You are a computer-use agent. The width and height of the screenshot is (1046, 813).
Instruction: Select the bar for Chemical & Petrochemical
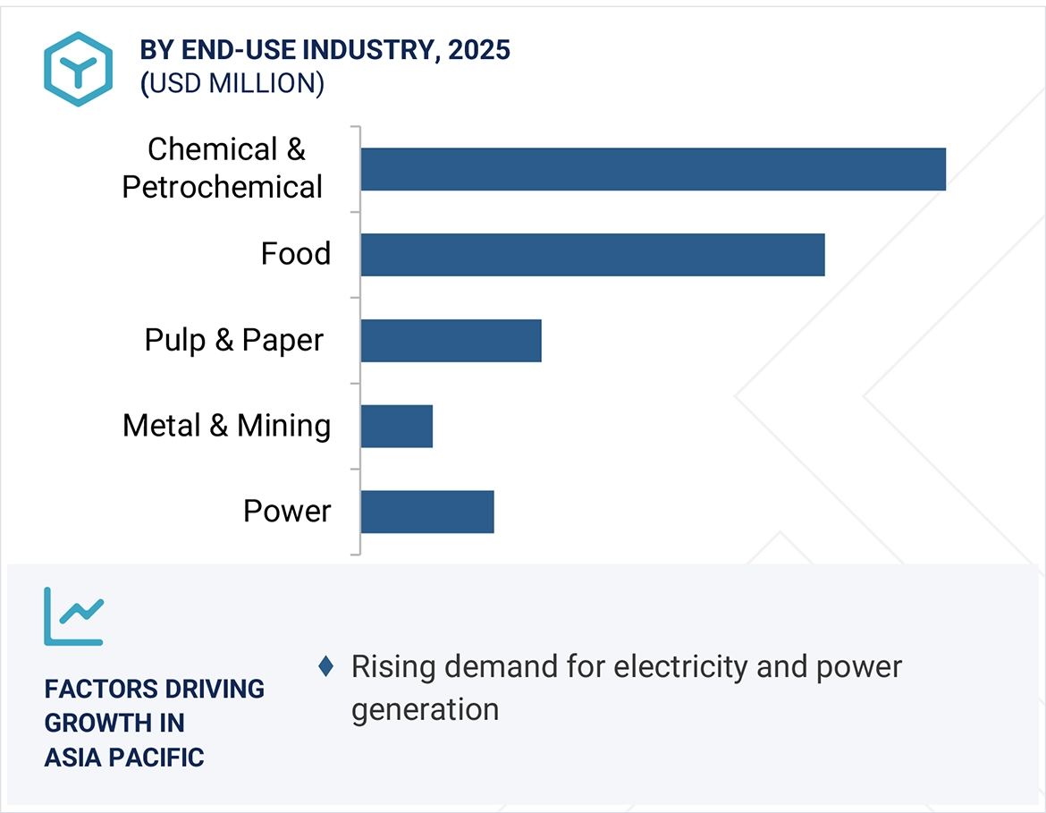tap(653, 169)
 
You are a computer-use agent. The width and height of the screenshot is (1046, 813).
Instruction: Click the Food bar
tap(592, 255)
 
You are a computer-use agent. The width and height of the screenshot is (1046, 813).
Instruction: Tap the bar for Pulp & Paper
tap(451, 341)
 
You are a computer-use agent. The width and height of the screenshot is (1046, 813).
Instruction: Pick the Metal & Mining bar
tap(396, 427)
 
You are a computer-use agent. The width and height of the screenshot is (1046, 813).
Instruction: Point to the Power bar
tap(426, 512)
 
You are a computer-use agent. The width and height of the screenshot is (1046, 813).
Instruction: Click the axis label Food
tap(296, 254)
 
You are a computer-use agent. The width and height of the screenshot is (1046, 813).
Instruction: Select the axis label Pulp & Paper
tap(234, 340)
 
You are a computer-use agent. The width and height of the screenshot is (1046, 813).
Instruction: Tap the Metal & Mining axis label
tap(226, 426)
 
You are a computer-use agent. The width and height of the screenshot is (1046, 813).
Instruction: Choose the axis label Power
tap(287, 512)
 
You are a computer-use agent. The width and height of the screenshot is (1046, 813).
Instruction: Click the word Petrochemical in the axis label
tap(223, 188)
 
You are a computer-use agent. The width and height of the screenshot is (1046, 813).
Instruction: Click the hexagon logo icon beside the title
tap(79, 69)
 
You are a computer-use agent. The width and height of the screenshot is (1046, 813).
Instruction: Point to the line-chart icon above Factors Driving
tap(74, 616)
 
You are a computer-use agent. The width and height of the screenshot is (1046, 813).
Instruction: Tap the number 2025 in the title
tap(479, 50)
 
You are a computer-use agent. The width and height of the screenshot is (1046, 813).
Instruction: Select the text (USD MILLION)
tap(232, 83)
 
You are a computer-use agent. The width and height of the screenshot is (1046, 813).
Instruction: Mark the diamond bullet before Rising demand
tap(326, 666)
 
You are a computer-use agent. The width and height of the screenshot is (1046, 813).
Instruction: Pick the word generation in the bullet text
tap(425, 709)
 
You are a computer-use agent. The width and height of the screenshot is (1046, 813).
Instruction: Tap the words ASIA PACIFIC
tap(124, 758)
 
